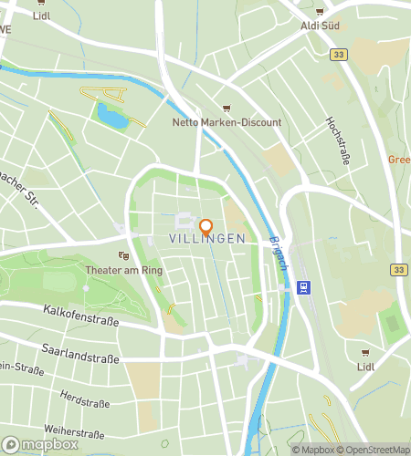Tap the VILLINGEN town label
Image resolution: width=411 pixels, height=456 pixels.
tap(207, 238)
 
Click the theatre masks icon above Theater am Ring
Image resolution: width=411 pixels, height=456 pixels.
tap(123, 256)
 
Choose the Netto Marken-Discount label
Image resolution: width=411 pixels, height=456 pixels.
tap(227, 122)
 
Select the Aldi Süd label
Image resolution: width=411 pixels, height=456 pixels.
tap(320, 26)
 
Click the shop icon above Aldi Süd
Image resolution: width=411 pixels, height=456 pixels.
tap(320, 11)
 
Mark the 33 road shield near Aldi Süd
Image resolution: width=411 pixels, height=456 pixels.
tap(339, 55)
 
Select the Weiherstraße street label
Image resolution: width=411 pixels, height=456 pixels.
tap(73, 430)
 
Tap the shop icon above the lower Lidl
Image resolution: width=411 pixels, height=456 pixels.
tap(366, 352)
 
